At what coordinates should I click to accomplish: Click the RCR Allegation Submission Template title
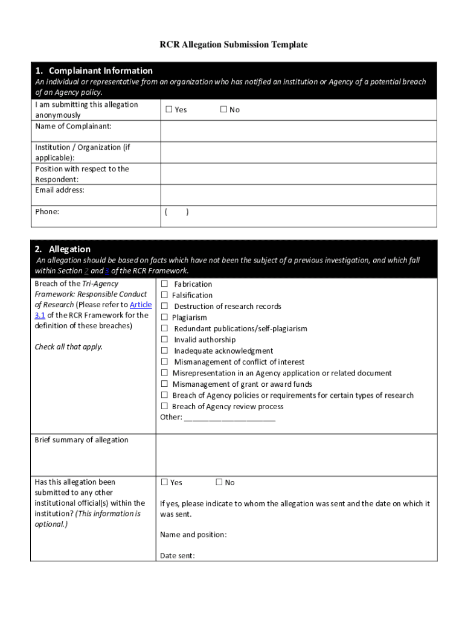[x=233, y=45]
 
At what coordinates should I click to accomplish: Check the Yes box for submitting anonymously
[x=169, y=109]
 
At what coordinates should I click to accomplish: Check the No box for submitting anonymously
[x=223, y=109]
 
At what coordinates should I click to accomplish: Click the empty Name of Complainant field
[x=298, y=131]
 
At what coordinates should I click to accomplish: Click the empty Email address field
[x=298, y=195]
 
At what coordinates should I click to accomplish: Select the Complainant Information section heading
[x=100, y=71]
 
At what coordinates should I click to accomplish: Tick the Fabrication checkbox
[x=164, y=284]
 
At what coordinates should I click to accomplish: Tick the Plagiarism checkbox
[x=164, y=317]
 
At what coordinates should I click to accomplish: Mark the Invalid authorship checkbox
[x=164, y=340]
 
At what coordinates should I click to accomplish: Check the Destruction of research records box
[x=164, y=306]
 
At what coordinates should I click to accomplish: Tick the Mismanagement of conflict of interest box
[x=164, y=362]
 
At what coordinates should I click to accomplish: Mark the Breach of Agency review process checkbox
[x=164, y=406]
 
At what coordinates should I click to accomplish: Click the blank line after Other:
[x=229, y=418]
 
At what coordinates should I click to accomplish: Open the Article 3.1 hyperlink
[x=141, y=305]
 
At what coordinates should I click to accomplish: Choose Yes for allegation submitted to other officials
[x=164, y=482]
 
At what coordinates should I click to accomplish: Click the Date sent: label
[x=177, y=555]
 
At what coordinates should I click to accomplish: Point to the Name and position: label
[x=193, y=535]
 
